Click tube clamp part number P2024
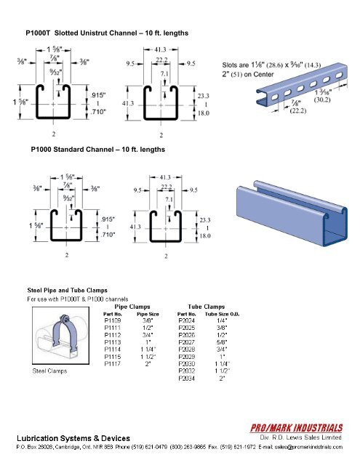point(187,320)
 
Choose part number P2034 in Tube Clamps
point(187,379)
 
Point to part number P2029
point(187,357)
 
